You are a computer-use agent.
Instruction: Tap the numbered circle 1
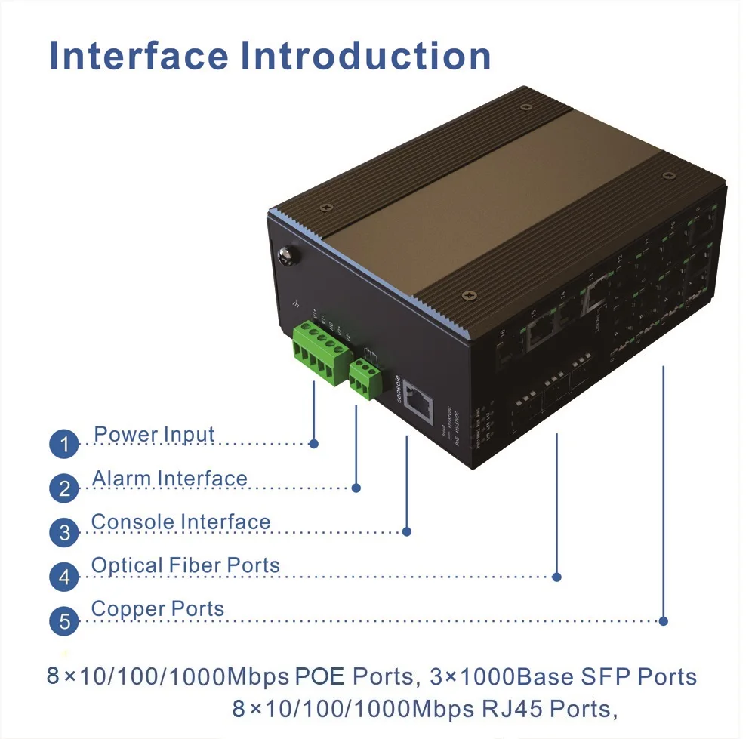64,444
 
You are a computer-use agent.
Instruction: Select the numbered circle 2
64,488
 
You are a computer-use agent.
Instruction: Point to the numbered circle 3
64,533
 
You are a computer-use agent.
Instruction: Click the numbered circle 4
64,577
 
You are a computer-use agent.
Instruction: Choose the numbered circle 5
64,622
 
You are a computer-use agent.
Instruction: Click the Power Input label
154,435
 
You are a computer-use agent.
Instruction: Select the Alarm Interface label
169,479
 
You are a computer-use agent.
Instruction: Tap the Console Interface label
180,522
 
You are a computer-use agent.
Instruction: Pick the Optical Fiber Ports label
185,565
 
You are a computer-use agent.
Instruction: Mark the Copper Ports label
157,609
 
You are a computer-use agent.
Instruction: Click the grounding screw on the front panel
287,257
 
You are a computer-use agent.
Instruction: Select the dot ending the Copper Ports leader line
663,621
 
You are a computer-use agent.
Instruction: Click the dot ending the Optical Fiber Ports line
556,577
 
